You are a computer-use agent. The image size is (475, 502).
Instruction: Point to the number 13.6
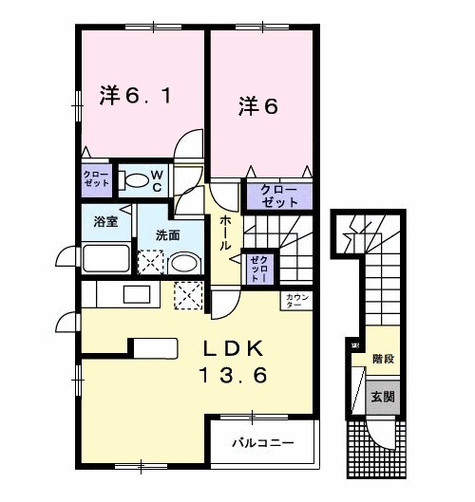(x=232, y=375)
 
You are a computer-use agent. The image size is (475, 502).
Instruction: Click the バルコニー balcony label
(x=263, y=443)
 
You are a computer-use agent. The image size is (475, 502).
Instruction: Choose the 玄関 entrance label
(x=382, y=397)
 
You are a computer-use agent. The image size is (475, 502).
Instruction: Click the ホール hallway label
(x=227, y=232)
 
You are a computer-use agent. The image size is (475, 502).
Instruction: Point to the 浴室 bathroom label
(x=105, y=221)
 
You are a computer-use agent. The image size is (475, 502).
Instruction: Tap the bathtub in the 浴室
(x=107, y=258)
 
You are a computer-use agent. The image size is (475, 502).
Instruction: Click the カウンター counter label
(x=294, y=301)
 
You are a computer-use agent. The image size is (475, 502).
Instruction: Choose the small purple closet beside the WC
(x=95, y=178)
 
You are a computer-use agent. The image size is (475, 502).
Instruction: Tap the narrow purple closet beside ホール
(x=256, y=268)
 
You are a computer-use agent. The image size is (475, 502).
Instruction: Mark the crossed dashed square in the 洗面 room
(x=152, y=263)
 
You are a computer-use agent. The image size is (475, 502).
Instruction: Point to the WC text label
(x=156, y=179)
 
